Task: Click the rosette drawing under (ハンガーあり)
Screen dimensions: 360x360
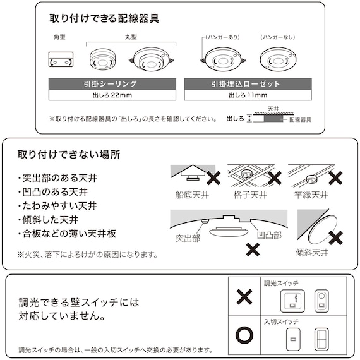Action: pos(221,62)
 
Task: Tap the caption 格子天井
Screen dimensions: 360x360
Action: pos(249,195)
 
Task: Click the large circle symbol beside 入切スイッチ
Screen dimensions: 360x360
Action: pos(244,333)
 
